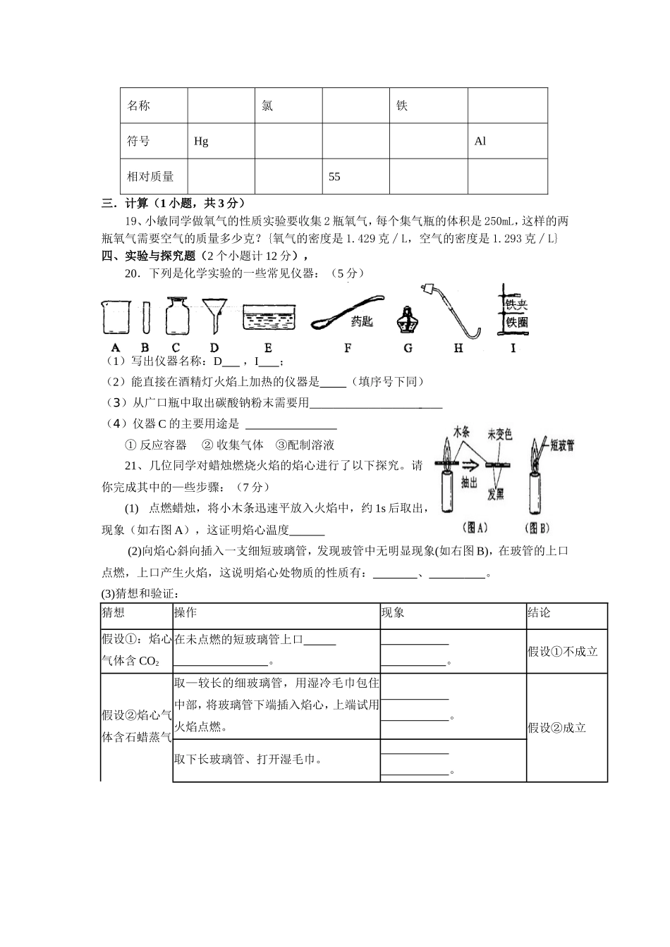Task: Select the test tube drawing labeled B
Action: click(x=145, y=317)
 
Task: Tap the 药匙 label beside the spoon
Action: click(x=362, y=321)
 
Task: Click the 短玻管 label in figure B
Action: click(x=562, y=445)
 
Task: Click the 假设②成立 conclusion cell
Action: click(x=557, y=728)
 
